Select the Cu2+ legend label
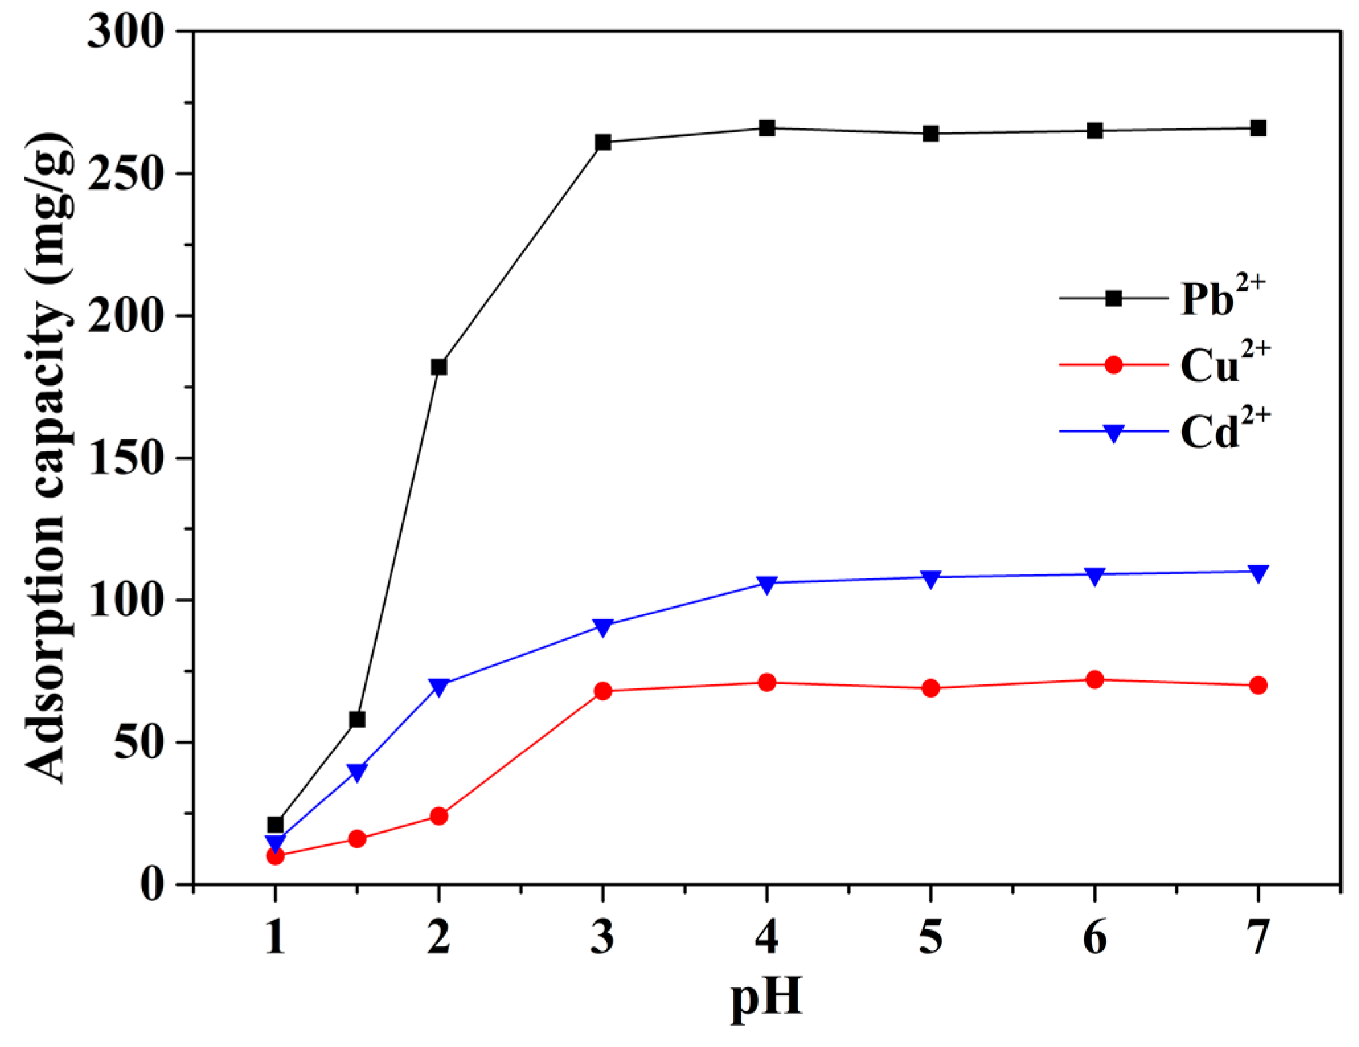tap(1224, 364)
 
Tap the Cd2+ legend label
tap(1224, 431)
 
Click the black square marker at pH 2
tap(438, 367)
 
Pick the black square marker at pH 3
tap(602, 142)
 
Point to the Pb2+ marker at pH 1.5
tap(357, 719)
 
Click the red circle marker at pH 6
tap(1094, 680)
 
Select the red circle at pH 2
tap(438, 816)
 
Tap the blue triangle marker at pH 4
tap(766, 584)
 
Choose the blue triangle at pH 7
tap(1258, 572)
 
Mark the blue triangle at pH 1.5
tap(357, 772)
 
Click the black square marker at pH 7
tap(1258, 128)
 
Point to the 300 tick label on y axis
tap(125, 32)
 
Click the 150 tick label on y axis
tap(125, 458)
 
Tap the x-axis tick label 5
tap(930, 938)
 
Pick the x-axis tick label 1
tap(275, 938)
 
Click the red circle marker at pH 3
tap(602, 692)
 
